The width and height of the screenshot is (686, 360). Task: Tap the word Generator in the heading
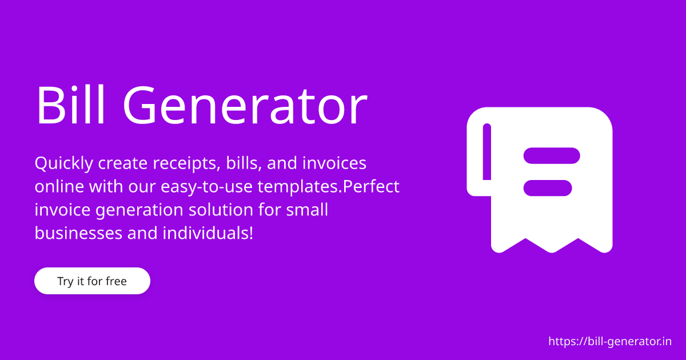[x=245, y=106]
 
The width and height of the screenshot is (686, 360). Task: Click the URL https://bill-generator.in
[x=610, y=342]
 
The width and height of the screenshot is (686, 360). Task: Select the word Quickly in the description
[x=64, y=164]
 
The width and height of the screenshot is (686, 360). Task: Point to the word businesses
[x=78, y=233]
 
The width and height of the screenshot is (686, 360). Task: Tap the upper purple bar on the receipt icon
[x=552, y=155]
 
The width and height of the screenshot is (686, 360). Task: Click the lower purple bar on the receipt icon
[x=548, y=187]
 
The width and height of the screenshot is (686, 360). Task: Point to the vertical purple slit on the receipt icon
[x=487, y=152]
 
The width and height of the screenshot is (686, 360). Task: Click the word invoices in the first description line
[x=334, y=164]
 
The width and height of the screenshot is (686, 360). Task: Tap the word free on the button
[x=116, y=281]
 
